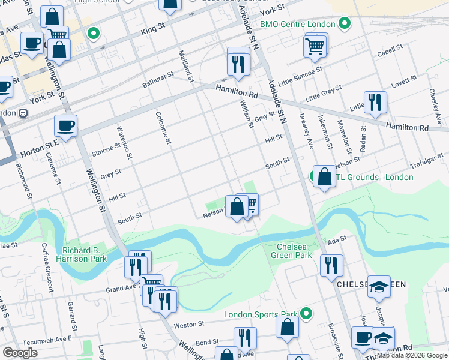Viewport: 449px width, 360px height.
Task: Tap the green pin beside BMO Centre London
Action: click(344, 25)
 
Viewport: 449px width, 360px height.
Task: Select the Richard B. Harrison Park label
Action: click(84, 254)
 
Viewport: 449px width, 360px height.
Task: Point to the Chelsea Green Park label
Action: click(294, 251)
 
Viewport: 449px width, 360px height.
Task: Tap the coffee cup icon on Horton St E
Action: click(65, 126)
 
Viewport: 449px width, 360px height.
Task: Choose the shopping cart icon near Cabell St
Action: click(315, 46)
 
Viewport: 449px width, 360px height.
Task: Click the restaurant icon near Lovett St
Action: click(375, 102)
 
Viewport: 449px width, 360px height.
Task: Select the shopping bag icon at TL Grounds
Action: click(324, 176)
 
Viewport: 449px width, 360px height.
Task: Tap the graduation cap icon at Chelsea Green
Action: click(379, 287)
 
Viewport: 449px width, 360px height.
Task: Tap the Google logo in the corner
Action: click(20, 353)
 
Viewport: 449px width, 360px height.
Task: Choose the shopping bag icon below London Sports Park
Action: click(288, 327)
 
